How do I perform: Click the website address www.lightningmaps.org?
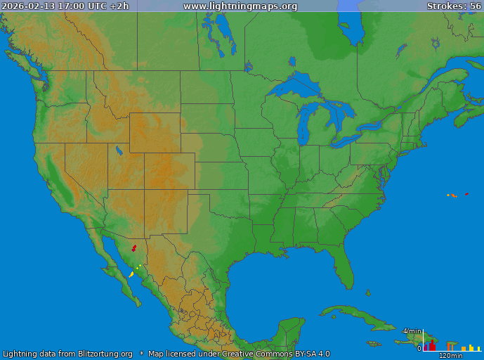coord(240,6)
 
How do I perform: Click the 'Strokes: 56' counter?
coord(454,6)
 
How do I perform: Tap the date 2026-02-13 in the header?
coord(26,6)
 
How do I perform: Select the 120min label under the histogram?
coord(450,356)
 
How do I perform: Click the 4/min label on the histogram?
coord(411,330)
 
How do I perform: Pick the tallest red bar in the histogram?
coord(432,345)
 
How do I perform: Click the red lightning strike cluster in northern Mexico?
coord(133,248)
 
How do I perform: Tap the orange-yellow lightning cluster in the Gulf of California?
coord(131,274)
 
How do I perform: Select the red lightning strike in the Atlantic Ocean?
coord(466,194)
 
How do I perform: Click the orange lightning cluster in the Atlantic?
coord(452,195)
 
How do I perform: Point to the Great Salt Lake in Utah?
coord(119,150)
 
